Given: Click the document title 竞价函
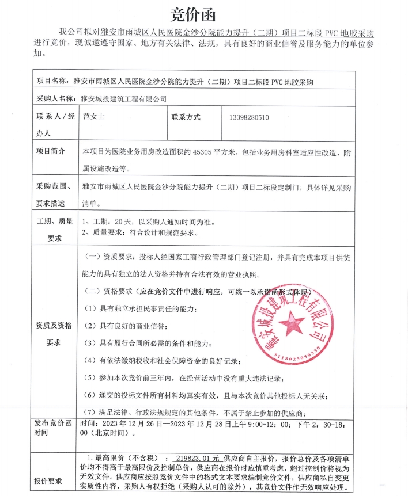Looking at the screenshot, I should [203, 12].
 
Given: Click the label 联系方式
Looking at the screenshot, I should [186, 117].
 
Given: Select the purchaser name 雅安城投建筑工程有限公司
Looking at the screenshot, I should [123, 98].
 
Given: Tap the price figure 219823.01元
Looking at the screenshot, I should [195, 459].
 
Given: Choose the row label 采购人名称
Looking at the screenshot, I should [56, 98].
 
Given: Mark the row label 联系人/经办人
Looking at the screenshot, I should [55, 124].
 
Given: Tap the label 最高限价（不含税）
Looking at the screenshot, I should [119, 459].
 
